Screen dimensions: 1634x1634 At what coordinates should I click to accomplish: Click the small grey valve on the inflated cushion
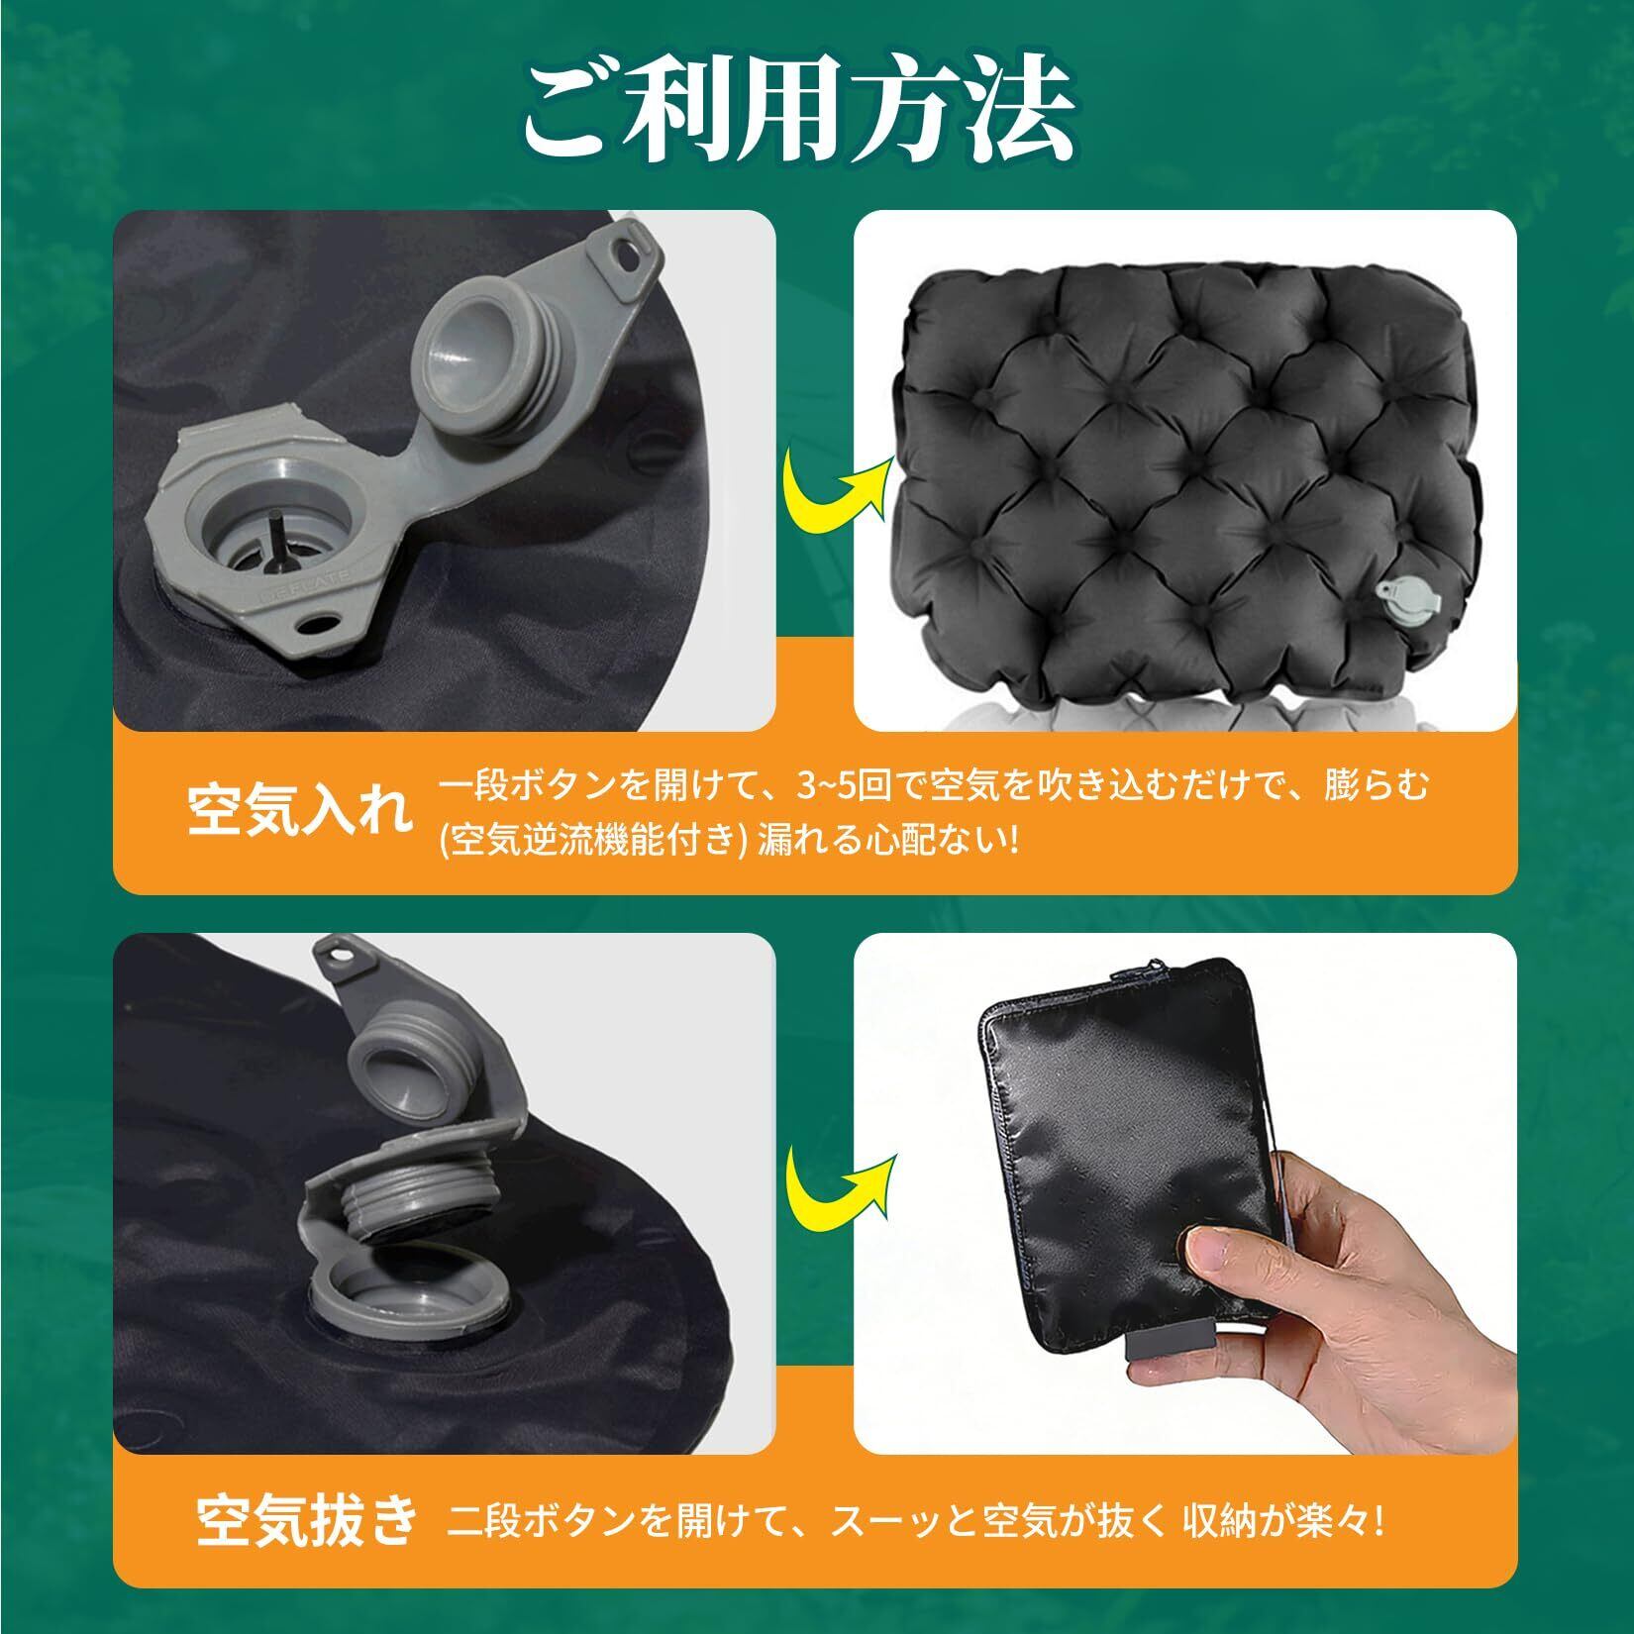click(x=1398, y=600)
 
